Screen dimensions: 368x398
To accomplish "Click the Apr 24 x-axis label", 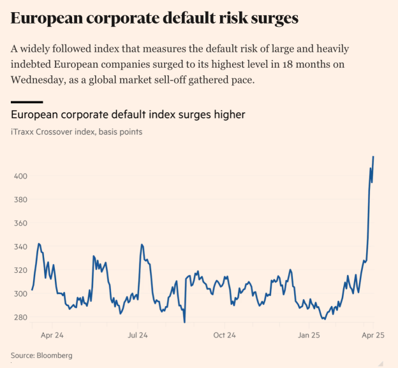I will pyautogui.click(x=52, y=335).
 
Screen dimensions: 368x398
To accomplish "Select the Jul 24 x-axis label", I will pyautogui.click(x=138, y=335).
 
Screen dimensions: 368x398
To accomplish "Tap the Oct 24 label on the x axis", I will pyautogui.click(x=224, y=335).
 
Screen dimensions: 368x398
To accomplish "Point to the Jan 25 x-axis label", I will pyautogui.click(x=309, y=335).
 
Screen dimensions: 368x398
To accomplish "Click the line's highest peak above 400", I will pyautogui.click(x=373, y=156).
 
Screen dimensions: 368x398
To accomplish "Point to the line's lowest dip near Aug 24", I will pyautogui.click(x=184, y=322).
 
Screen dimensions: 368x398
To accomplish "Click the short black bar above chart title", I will pyautogui.click(x=27, y=101).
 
